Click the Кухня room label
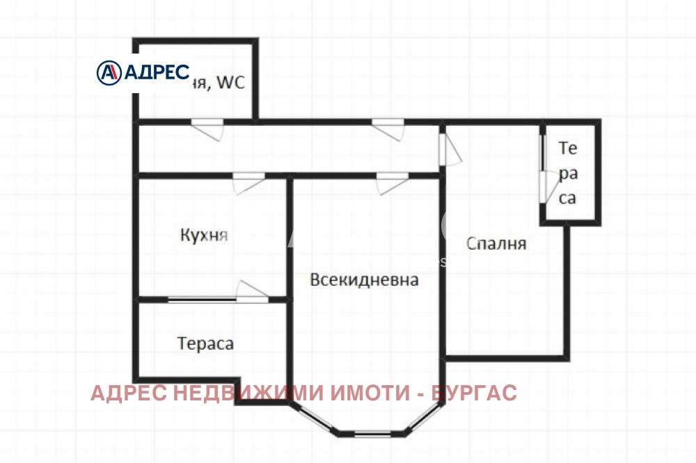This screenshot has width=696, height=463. (204, 235)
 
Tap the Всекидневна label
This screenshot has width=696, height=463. (364, 280)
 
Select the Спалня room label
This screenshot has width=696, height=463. (496, 244)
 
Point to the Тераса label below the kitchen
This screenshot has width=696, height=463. (205, 343)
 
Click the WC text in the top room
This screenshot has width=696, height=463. (231, 83)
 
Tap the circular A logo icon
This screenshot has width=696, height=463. (109, 72)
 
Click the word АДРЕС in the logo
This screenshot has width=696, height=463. (157, 72)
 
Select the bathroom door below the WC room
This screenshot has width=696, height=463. (207, 129)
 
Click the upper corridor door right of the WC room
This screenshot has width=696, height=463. (388, 129)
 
